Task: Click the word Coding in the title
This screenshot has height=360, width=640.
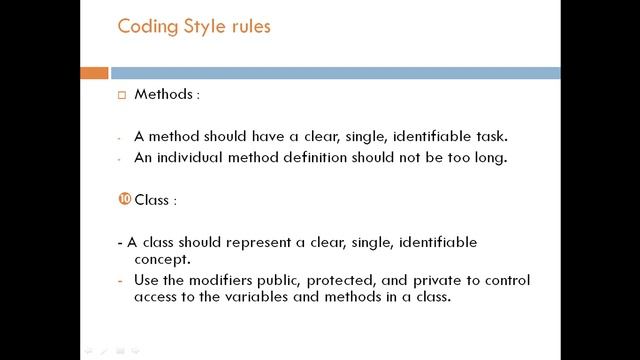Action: click(146, 27)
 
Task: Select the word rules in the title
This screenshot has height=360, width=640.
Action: click(250, 27)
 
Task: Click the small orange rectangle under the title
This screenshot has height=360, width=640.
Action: click(94, 73)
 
